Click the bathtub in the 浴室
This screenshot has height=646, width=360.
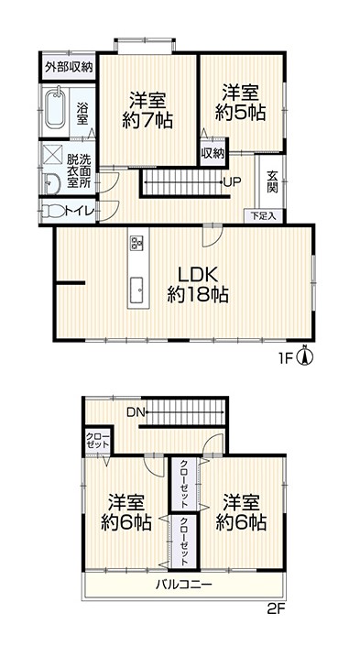click(x=55, y=109)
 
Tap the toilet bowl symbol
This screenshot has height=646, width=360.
click(x=54, y=212)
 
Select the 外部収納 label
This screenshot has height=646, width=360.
click(x=69, y=67)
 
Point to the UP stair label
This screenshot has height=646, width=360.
click(x=233, y=181)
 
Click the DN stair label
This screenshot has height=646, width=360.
click(x=136, y=411)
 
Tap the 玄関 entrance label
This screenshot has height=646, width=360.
click(x=272, y=181)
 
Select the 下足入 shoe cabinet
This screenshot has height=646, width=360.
click(x=263, y=216)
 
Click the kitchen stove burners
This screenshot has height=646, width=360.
click(x=136, y=243)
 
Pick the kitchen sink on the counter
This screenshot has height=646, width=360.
click(x=136, y=290)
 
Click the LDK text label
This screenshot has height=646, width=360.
click(x=197, y=274)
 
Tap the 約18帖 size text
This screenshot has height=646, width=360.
click(x=198, y=295)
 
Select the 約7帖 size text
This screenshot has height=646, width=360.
click(x=147, y=121)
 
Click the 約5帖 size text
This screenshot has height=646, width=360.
click(x=241, y=113)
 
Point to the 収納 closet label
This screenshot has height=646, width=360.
click(x=213, y=154)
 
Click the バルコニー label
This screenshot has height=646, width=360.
click(x=184, y=585)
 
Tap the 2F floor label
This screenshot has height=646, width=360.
click(x=276, y=608)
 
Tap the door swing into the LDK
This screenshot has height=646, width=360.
click(x=213, y=236)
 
